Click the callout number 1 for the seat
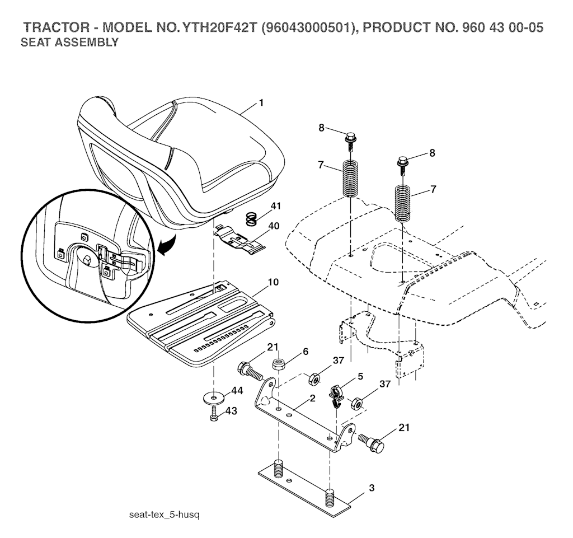click(x=261, y=103)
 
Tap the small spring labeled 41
click(x=252, y=218)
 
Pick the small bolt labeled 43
click(x=215, y=417)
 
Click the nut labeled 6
click(x=279, y=364)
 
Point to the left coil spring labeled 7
click(x=350, y=178)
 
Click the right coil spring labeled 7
click(x=403, y=204)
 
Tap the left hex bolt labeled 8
click(x=351, y=137)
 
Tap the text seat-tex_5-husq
click(x=164, y=514)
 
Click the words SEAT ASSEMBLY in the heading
click(x=69, y=43)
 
